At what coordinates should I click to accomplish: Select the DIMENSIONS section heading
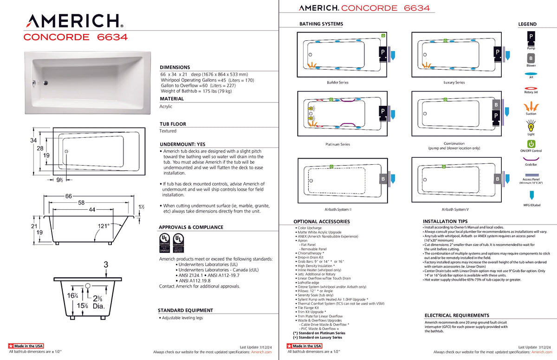click(x=175, y=67)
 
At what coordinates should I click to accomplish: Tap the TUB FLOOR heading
click(x=173, y=124)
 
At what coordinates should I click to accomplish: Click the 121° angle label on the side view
click(x=104, y=226)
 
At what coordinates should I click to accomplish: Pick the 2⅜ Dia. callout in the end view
click(x=98, y=302)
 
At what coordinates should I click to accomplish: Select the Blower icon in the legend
click(x=531, y=58)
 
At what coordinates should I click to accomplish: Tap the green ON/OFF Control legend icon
click(x=531, y=144)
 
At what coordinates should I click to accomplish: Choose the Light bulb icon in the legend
click(x=531, y=125)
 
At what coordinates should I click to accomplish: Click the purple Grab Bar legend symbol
click(x=531, y=159)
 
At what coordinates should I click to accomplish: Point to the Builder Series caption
click(x=337, y=83)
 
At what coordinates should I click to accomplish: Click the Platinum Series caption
click(x=337, y=144)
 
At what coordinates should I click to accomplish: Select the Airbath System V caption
click(x=454, y=209)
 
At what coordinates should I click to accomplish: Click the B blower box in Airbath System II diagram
click(x=383, y=179)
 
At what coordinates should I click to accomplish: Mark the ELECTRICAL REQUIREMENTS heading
click(x=457, y=315)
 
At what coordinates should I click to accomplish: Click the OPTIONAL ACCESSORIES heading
click(x=321, y=222)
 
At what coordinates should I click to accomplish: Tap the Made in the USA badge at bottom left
click(x=26, y=346)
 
